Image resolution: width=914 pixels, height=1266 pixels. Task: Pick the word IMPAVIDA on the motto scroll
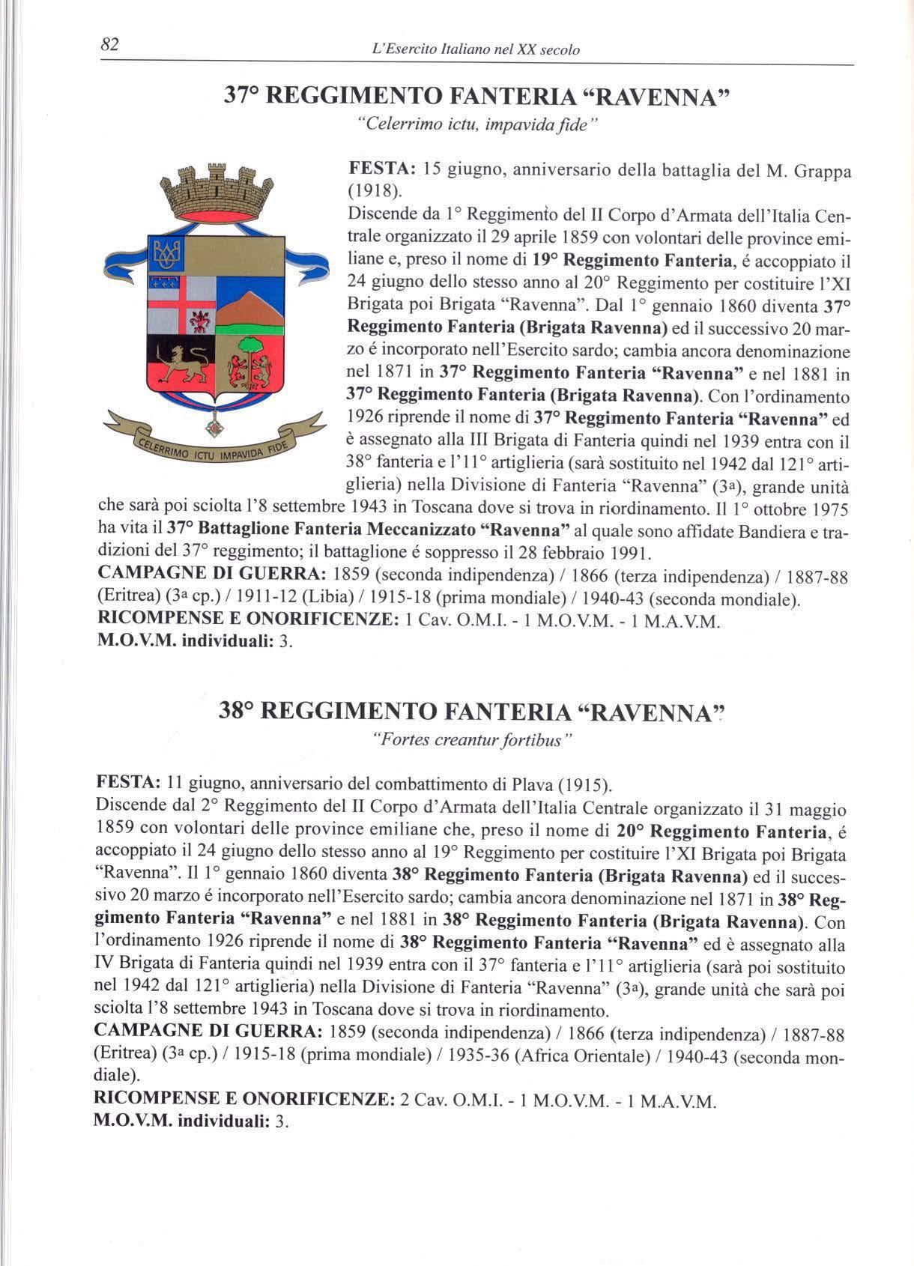(x=239, y=451)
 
